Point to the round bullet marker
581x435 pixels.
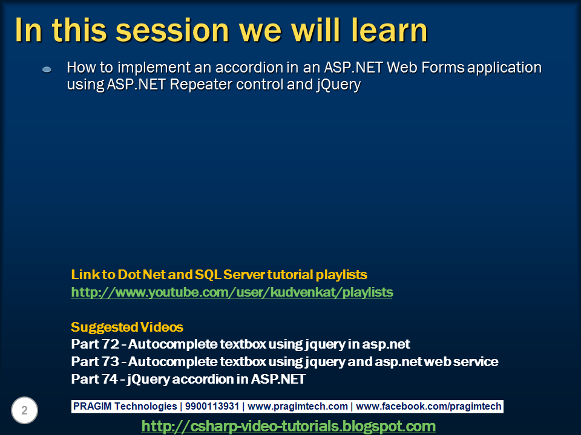47,70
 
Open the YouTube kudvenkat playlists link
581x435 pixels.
232,292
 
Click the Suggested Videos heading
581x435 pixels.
126,327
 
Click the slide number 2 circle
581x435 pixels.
24,411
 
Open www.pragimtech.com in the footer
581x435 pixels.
298,407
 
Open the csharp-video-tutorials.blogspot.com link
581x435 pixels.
288,426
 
